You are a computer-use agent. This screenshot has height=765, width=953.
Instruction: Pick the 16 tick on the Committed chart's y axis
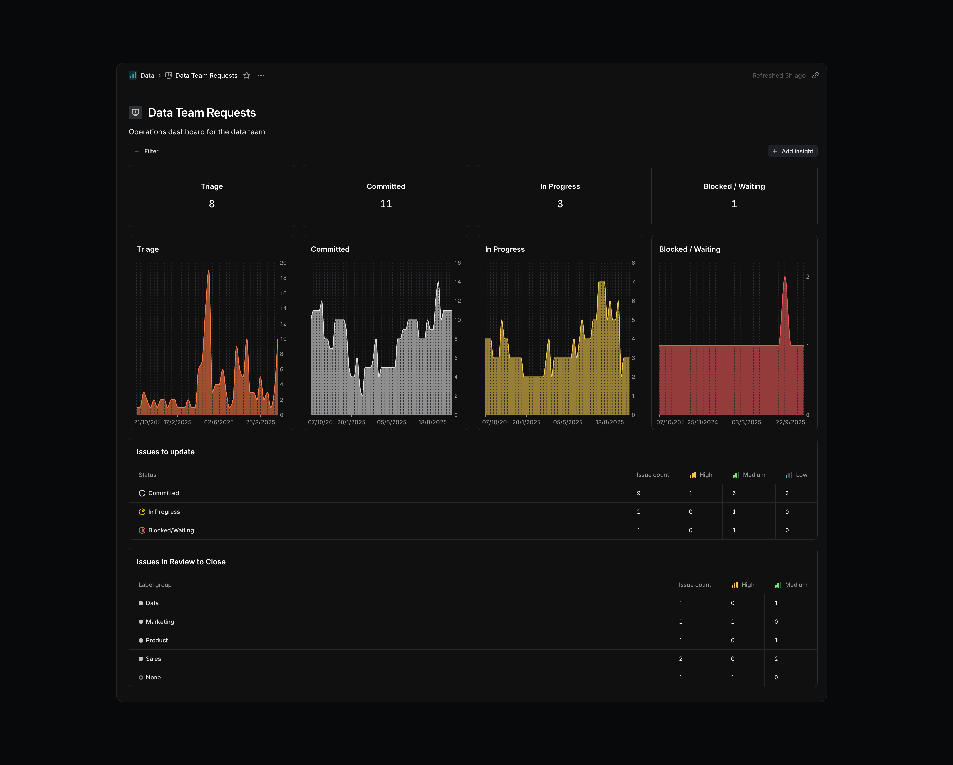457,263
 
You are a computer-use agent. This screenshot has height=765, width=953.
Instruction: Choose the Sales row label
153,659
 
